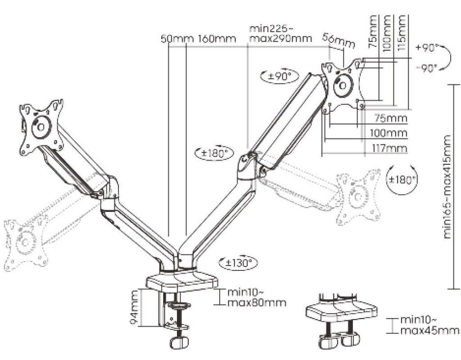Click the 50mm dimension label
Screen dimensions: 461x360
pos(177,39)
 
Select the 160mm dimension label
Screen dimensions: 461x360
pos(217,39)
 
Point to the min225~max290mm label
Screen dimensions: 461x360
pos(280,33)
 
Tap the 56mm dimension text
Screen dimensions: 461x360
pos(339,40)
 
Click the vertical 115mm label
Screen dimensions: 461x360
pos(402,32)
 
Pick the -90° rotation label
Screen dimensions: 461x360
pos(427,69)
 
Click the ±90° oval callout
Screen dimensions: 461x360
pos(280,76)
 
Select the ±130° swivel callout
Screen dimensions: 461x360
pos(238,262)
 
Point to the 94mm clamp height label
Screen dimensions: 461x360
pos(134,307)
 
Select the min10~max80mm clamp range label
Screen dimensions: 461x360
pos(257,297)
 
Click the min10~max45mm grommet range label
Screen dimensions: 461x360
pos(429,325)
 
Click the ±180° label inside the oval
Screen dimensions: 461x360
pos(215,153)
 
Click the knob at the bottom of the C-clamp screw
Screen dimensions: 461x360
pos(179,342)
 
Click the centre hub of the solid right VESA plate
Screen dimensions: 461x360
pos(343,85)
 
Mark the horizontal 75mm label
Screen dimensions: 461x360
pos(391,118)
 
